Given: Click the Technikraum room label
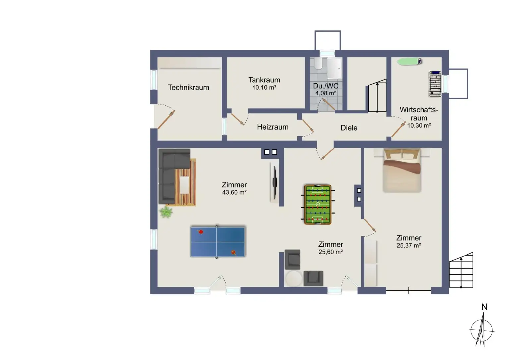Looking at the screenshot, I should (188, 87).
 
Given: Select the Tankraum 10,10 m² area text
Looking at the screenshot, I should (264, 88).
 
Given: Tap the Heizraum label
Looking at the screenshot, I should (272, 127).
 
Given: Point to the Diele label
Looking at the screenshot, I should (349, 128).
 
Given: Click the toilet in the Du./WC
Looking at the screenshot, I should (318, 63).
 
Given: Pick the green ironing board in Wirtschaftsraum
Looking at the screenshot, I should (409, 61).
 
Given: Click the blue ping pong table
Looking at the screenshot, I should (217, 242).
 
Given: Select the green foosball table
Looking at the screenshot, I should (317, 205).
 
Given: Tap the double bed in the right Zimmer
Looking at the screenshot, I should (402, 170).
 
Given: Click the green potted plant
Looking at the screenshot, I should (166, 212).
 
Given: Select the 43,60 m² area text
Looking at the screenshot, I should (234, 192).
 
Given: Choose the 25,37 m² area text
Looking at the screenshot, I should (408, 246).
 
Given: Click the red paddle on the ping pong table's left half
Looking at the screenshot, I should (200, 232).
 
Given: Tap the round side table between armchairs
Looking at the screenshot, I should (293, 278).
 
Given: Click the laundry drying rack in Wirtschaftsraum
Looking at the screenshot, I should (435, 84).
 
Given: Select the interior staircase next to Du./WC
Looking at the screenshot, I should (377, 96).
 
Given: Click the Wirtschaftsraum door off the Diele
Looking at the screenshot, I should (398, 129).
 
